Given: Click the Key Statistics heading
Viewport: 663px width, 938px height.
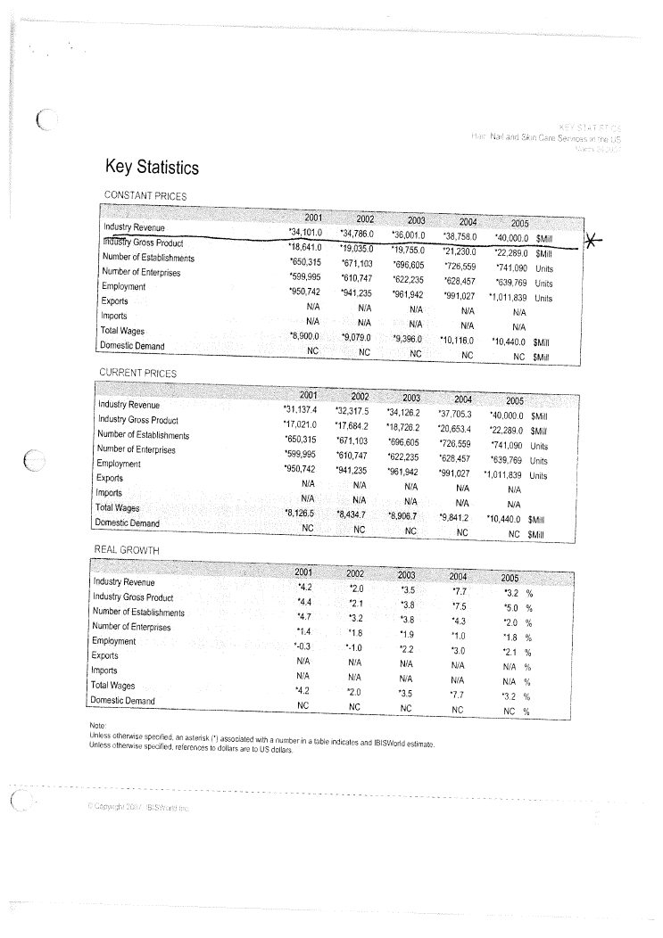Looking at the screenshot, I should pos(151,168).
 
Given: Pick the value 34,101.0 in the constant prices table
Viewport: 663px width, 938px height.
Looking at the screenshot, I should pos(301,233).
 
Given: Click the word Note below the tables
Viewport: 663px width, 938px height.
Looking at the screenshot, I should pos(99,726).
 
